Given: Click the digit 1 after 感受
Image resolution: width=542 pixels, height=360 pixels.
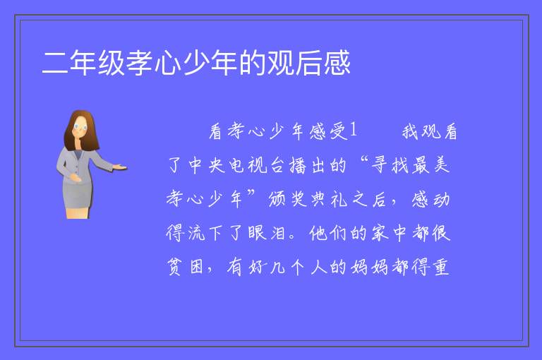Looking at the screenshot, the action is [353, 130].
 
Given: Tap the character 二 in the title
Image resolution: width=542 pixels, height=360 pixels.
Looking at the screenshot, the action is [54, 63].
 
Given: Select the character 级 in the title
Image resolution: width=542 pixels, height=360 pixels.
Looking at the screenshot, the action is [112, 63].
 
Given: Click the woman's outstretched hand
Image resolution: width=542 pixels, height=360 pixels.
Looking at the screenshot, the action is [119, 167].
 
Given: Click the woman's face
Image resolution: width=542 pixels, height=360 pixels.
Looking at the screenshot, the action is [80, 127].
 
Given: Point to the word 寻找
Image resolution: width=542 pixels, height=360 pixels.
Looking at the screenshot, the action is [390, 164].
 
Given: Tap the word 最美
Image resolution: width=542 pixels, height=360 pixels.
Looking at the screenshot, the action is [430, 164].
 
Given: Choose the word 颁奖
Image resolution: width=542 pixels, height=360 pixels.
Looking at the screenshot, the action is [287, 198].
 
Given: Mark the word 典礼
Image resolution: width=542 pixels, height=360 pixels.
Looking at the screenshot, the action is [328, 198].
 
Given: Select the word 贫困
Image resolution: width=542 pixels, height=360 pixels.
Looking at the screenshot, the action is [186, 266].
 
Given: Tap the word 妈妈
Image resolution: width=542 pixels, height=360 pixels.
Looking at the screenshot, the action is [369, 266].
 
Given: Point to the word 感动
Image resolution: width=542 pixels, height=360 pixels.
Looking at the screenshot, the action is [430, 198].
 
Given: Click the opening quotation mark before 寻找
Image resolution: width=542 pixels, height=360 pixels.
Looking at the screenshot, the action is [363, 160].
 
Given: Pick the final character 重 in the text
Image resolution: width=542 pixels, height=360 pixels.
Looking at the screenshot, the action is [441, 266].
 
